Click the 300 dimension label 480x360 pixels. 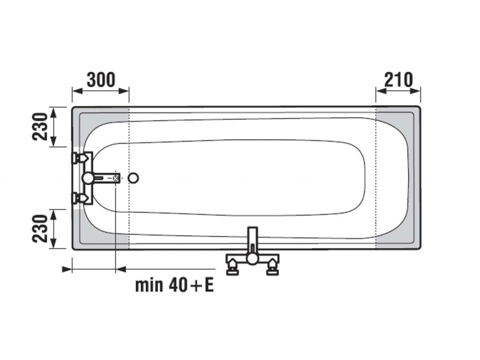(101, 80)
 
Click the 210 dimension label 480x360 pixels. (398, 80)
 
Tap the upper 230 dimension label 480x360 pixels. (40, 127)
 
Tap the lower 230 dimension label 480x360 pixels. (40, 229)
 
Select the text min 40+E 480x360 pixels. (174, 285)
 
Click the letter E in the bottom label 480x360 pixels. (209, 285)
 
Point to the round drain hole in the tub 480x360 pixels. (133, 178)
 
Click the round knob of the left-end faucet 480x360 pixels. (88, 178)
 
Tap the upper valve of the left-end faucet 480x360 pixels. (80, 158)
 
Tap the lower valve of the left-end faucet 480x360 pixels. (80, 198)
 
